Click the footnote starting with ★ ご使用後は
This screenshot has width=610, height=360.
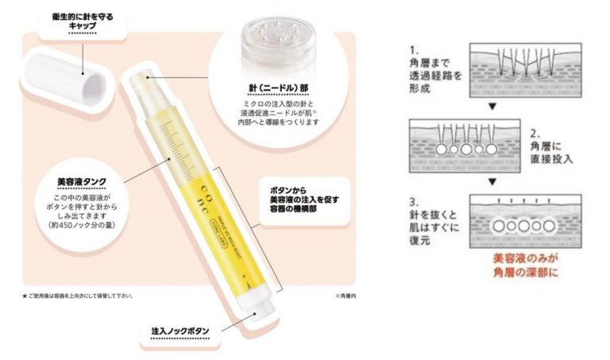click(78, 296)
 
